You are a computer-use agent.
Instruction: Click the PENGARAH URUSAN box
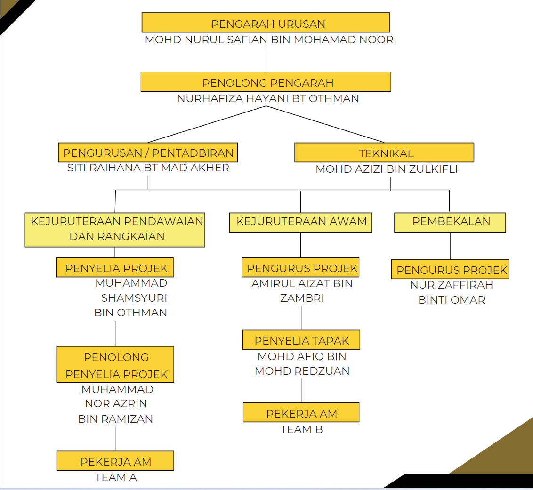pos(266,23)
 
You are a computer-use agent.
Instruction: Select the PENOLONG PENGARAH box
pos(266,82)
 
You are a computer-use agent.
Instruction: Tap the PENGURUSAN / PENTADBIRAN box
pos(148,153)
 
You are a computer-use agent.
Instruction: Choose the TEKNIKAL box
pos(384,153)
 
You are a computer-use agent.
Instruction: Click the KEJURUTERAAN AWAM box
pos(300,222)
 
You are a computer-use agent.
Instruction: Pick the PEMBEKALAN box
pos(450,222)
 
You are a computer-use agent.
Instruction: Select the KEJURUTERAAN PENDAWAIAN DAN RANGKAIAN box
pos(115,229)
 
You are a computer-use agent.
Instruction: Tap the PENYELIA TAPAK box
pos(301,340)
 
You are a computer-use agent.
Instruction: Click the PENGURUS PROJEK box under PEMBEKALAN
pos(451,269)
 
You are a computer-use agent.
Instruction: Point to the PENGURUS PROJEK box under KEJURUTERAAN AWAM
pos(300,267)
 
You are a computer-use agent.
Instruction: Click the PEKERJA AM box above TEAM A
pos(115,461)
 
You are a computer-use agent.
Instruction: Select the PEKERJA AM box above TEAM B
pos(301,412)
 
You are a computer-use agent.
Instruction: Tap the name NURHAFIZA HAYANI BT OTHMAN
pos(268,99)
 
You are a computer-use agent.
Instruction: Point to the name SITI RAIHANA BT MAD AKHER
pos(148,168)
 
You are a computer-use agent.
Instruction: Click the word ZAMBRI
pos(302,298)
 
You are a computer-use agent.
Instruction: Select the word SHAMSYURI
pos(134,298)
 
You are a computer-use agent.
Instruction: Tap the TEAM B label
pos(301,429)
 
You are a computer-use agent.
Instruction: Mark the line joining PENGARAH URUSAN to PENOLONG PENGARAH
pos(266,59)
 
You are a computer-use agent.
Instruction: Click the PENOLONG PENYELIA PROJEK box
pos(115,365)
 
